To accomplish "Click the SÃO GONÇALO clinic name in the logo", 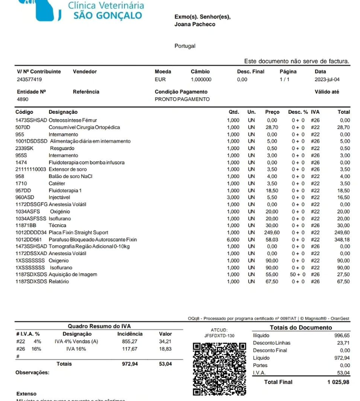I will (107, 16).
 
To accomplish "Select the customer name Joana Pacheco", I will (195, 24).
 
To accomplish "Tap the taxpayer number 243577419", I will (30, 80).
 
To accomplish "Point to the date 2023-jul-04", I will (327, 80).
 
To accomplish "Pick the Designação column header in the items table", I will (63, 112).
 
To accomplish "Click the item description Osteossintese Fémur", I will (73, 121).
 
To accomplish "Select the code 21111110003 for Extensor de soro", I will (31, 170).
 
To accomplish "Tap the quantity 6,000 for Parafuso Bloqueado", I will (233, 240).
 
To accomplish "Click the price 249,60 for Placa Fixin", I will (272, 233).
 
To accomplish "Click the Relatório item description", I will (59, 282).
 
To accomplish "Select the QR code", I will (219, 368).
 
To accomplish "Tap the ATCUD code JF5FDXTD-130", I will (219, 335).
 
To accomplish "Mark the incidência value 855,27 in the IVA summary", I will (129, 341).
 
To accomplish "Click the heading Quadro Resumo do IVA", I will (96, 326).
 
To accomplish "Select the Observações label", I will (33, 372).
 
